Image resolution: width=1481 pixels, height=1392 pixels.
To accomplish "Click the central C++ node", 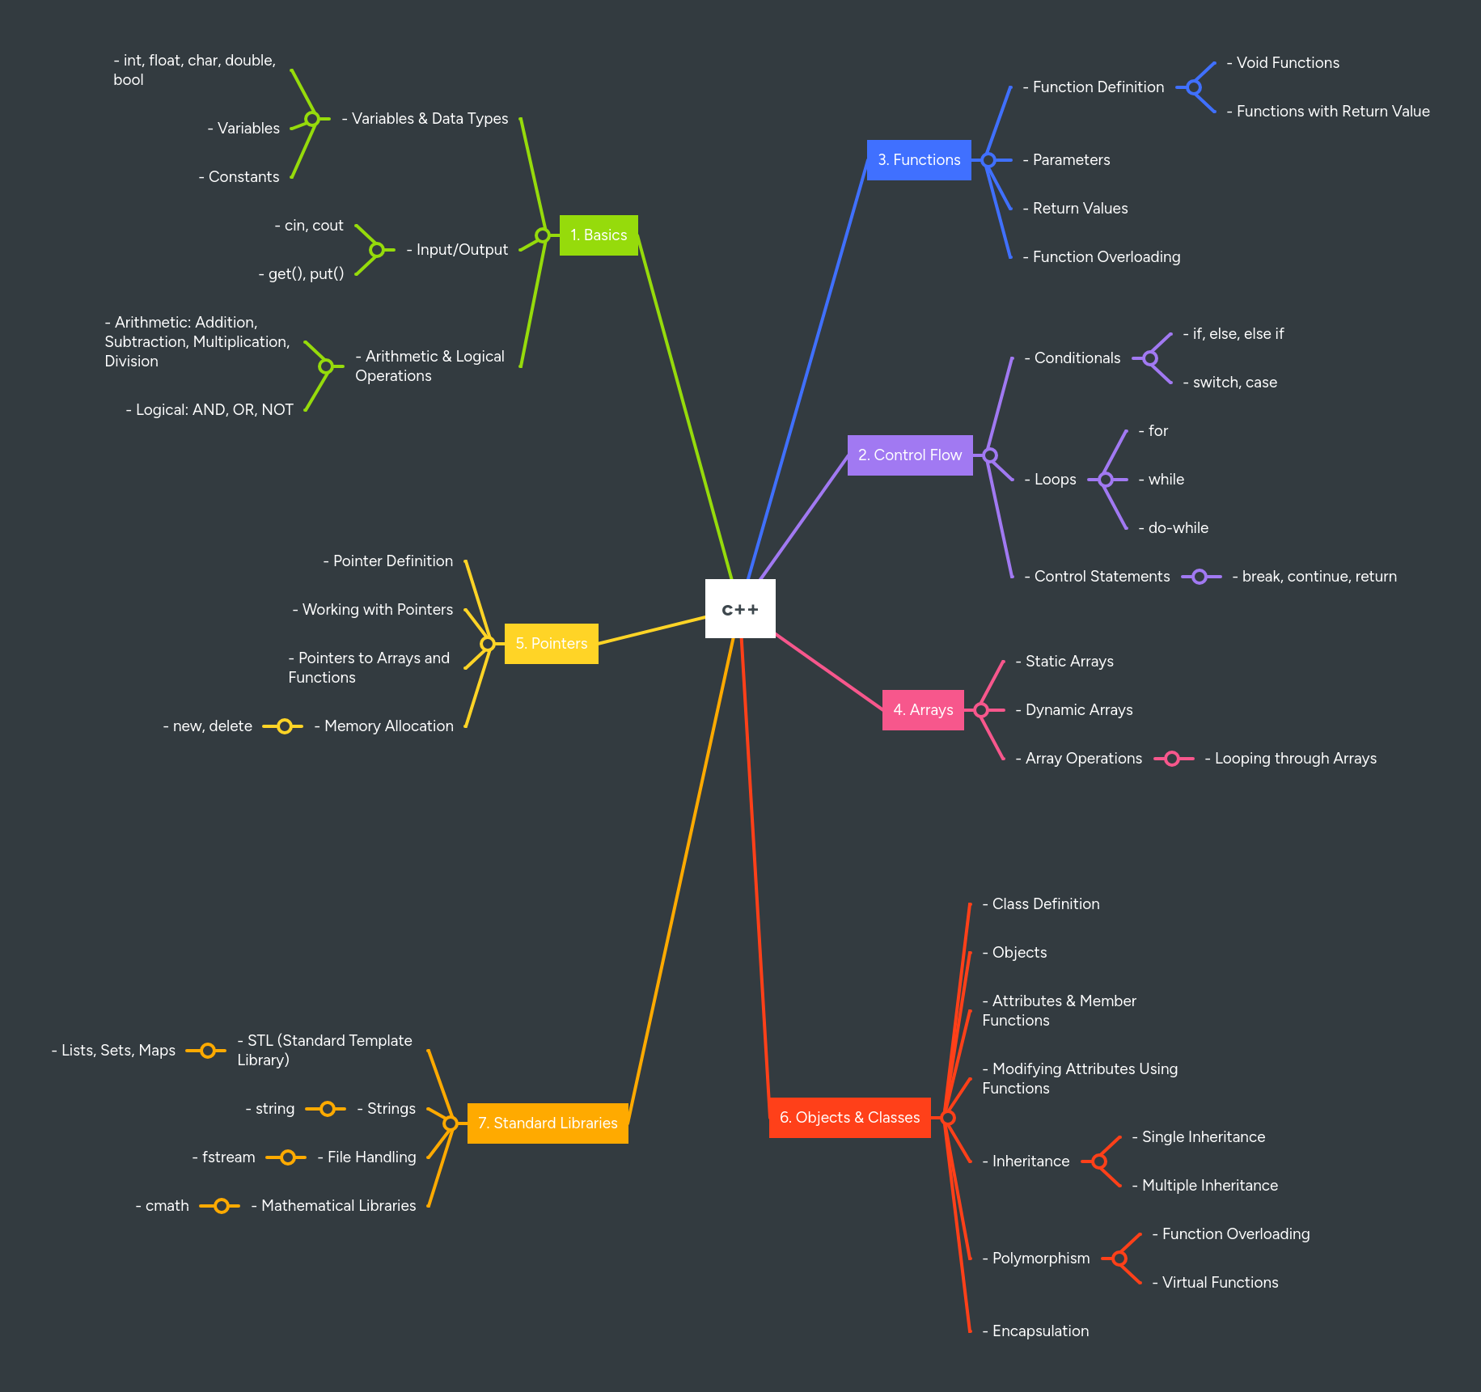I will click(x=740, y=608).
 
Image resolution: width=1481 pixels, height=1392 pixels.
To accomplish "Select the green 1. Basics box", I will click(x=599, y=235).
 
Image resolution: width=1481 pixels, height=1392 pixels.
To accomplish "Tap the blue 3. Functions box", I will click(x=919, y=160).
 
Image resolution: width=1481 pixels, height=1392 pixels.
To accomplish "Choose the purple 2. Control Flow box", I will click(x=910, y=455).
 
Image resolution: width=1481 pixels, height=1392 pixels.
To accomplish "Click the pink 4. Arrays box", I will click(x=923, y=710).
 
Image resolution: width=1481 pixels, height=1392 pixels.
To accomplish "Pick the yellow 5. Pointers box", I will click(x=552, y=644).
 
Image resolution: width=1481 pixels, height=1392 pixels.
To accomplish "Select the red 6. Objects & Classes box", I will click(x=849, y=1118).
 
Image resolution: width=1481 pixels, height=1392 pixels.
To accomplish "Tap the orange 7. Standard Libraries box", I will click(x=548, y=1123).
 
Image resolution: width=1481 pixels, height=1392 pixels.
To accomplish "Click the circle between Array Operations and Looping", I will click(x=1172, y=759).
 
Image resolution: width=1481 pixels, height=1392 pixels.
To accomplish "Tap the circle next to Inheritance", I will click(x=1099, y=1161).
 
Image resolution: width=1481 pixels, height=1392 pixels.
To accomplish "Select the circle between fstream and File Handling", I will click(x=287, y=1157).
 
